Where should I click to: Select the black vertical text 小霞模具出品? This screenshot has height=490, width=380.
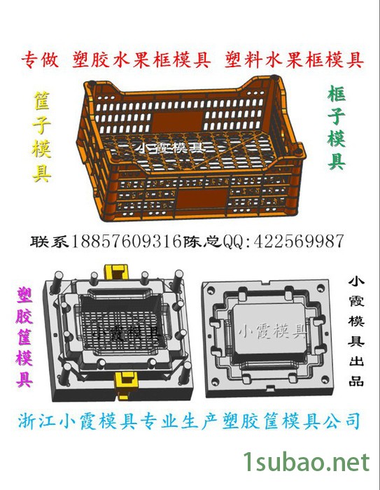tap(356, 331)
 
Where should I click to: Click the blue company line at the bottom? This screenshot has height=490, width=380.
tap(189, 421)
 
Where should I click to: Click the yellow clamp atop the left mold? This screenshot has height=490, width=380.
tap(118, 272)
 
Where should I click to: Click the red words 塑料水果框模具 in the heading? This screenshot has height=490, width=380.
tap(294, 61)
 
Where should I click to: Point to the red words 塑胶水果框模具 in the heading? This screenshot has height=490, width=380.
tap(141, 61)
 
